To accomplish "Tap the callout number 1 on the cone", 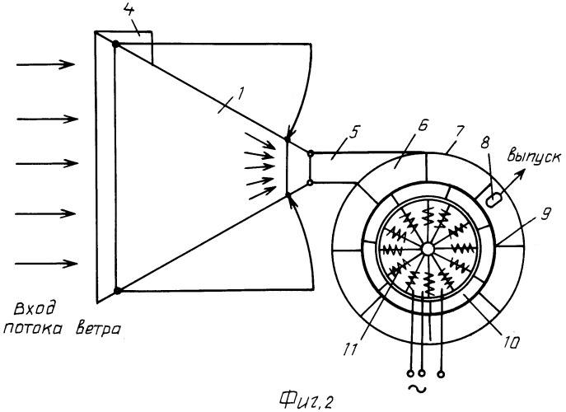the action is (239, 95).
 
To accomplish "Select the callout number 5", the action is (353, 133).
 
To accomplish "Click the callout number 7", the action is (461, 132).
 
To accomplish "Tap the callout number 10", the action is (511, 341).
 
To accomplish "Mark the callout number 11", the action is (351, 349).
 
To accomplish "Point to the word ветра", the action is (97, 330).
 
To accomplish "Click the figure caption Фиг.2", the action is (306, 400).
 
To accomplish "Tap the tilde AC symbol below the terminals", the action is (417, 389).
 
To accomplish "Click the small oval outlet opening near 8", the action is (493, 199).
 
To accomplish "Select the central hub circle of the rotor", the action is (428, 248).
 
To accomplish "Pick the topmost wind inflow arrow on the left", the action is (45, 64).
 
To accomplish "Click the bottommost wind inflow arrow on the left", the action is (46, 264).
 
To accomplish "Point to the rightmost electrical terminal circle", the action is (441, 374).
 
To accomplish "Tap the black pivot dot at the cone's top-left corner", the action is (115, 44).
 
